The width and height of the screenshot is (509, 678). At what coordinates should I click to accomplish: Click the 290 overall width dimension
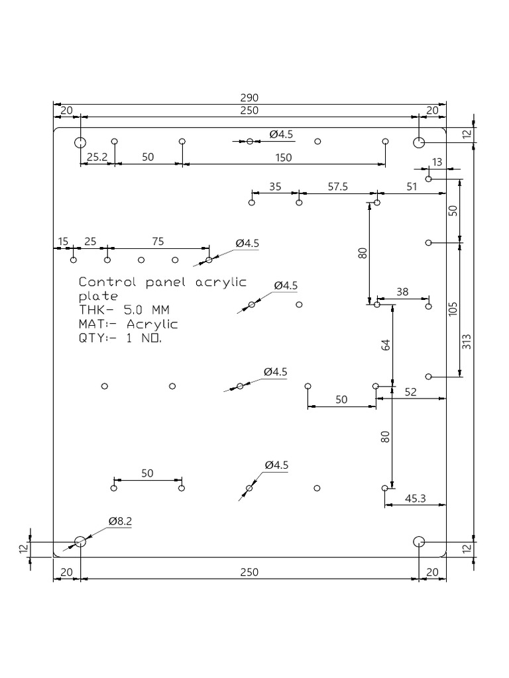coord(249,97)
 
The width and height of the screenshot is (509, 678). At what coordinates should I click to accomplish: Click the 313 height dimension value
coord(466,341)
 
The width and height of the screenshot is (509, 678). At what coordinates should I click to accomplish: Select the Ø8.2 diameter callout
coord(121,522)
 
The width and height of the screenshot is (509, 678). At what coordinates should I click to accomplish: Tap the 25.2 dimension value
coord(97,157)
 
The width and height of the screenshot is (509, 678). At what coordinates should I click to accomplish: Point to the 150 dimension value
coord(283,157)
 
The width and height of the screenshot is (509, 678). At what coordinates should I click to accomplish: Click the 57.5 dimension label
coord(337,187)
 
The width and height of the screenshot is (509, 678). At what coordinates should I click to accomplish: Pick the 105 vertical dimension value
coord(453,309)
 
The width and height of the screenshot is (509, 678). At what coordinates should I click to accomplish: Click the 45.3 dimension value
coord(415,499)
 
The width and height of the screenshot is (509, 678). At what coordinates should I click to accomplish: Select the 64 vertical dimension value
coord(386,344)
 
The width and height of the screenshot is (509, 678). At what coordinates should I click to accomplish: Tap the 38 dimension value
coord(402,291)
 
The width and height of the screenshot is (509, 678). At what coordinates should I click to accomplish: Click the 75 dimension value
coord(158,242)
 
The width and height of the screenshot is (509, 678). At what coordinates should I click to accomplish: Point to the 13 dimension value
coord(437,162)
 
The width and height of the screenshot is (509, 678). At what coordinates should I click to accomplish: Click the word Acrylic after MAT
coord(152,324)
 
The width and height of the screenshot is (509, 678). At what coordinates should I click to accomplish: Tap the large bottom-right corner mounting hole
coord(419,542)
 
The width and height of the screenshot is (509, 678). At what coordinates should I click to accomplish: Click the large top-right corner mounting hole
coord(419,142)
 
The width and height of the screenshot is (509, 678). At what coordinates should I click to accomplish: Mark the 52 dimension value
coord(411,393)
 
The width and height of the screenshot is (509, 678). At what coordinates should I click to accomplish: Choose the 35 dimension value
coord(275,187)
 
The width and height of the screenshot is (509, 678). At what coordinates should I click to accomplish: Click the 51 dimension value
coord(412,187)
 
